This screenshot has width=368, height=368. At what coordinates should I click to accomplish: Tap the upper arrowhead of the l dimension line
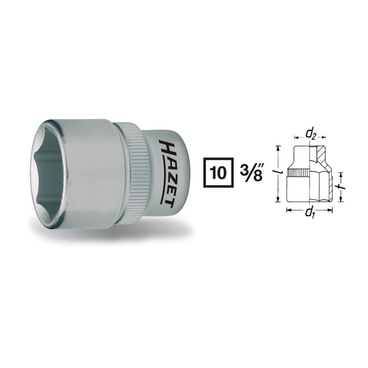click(278, 147)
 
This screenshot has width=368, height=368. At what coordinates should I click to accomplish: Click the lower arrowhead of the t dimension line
click(341, 200)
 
